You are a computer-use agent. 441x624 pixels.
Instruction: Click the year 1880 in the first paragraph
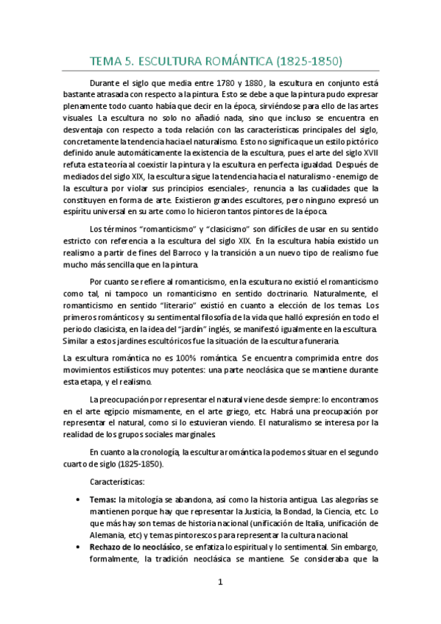(255, 83)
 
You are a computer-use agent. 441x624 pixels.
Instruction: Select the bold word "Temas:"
(102, 500)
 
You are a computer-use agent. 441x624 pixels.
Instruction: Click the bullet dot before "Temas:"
(79, 500)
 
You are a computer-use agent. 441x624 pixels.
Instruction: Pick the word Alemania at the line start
(107, 535)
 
